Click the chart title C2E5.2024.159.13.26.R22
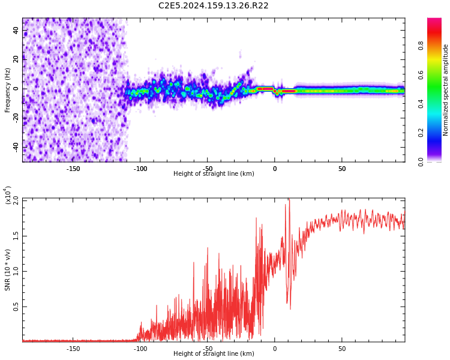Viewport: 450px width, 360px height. click(x=214, y=6)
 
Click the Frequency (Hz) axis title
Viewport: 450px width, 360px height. click(x=8, y=90)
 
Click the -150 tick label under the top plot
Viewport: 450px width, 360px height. click(x=73, y=169)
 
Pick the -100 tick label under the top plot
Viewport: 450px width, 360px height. click(x=140, y=169)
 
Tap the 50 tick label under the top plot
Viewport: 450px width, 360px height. click(x=341, y=169)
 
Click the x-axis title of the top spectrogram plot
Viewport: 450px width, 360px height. click(x=214, y=174)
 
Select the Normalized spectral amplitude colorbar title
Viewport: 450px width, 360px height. click(x=446, y=90)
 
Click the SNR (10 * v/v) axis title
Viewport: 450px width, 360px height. click(x=8, y=270)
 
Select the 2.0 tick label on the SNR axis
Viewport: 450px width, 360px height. click(x=16, y=200)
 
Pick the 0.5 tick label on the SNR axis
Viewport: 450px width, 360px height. click(x=16, y=307)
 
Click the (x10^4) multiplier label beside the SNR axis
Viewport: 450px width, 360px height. click(x=8, y=196)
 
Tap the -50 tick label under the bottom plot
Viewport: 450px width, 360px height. click(x=207, y=349)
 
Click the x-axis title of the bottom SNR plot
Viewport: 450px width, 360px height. click(x=214, y=354)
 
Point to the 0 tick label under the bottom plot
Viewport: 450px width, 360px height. click(x=275, y=349)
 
